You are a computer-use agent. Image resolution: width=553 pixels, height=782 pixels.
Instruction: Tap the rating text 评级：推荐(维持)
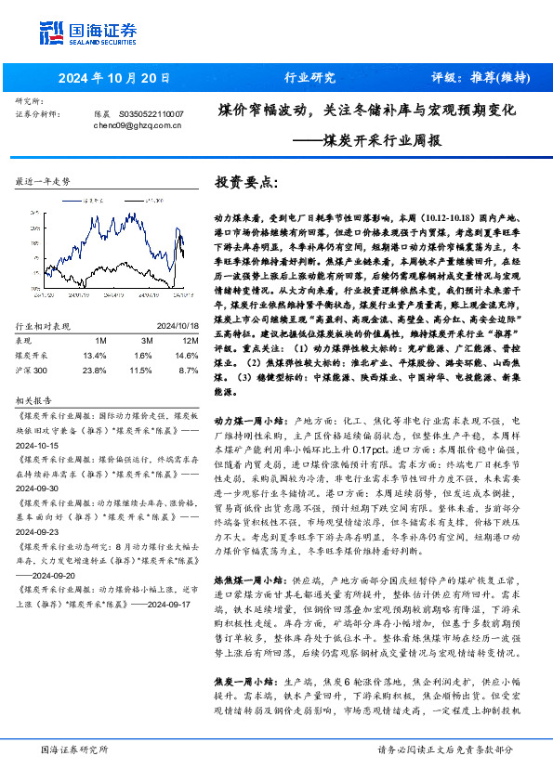point(481,77)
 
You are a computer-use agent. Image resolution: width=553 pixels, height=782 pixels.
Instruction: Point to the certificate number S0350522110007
point(152,112)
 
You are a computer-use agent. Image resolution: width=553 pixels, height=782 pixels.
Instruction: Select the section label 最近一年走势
point(43,182)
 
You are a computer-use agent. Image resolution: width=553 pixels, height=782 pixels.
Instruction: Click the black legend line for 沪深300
point(131,199)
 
